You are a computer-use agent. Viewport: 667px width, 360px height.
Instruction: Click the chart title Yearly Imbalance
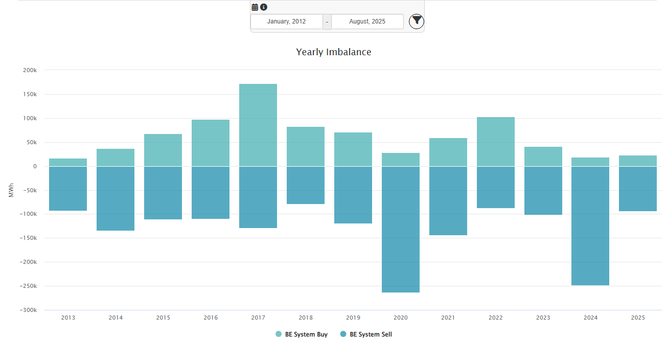pyautogui.click(x=333, y=52)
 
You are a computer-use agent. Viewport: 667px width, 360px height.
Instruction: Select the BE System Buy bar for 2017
pyautogui.click(x=258, y=125)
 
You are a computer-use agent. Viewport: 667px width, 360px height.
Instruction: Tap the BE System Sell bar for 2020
pyautogui.click(x=401, y=229)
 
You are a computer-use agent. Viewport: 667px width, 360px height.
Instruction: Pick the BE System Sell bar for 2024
pyautogui.click(x=590, y=226)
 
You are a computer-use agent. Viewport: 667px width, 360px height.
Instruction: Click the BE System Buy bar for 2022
pyautogui.click(x=496, y=142)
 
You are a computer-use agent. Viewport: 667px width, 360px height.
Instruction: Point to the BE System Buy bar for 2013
pyautogui.click(x=68, y=163)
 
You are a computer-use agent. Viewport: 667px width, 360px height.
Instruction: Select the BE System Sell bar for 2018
pyautogui.click(x=306, y=185)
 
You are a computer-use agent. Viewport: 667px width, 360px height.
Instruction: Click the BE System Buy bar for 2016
pyautogui.click(x=211, y=143)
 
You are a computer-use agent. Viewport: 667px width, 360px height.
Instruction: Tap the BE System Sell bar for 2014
pyautogui.click(x=116, y=198)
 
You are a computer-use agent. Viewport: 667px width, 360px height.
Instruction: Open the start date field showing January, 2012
pyautogui.click(x=286, y=21)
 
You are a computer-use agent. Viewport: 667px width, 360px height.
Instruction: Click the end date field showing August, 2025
pyautogui.click(x=367, y=21)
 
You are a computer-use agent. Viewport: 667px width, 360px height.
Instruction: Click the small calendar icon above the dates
pyautogui.click(x=255, y=7)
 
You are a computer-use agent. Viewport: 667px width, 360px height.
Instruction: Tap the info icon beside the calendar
pyautogui.click(x=264, y=7)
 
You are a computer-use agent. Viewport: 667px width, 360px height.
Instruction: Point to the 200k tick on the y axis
pyautogui.click(x=30, y=70)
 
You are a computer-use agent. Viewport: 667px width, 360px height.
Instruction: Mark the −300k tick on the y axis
pyautogui.click(x=28, y=310)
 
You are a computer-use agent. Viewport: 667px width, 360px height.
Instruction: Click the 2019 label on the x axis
pyautogui.click(x=353, y=318)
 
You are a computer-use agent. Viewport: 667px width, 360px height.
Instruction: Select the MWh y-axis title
pyautogui.click(x=11, y=190)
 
